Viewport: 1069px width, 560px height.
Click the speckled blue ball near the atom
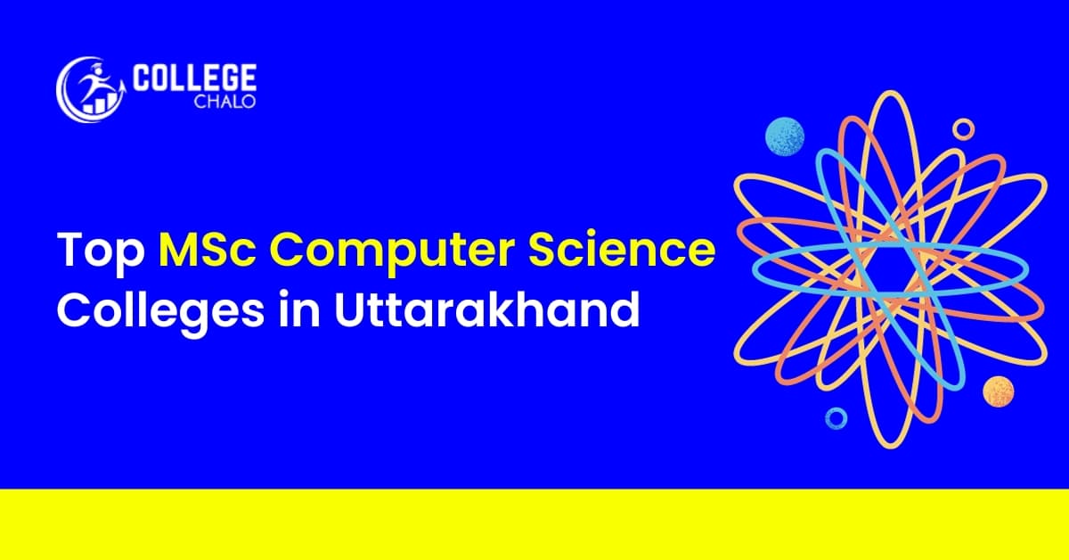coord(785,137)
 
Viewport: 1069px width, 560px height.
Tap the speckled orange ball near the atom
coord(999,391)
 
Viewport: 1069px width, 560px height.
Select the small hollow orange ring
coord(963,129)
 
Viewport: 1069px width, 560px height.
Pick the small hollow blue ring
coord(836,416)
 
